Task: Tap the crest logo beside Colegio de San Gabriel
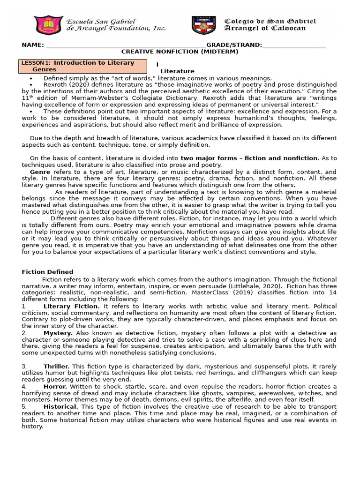coord(203,25)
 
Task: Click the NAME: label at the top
coord(33,45)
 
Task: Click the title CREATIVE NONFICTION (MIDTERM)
coord(180,52)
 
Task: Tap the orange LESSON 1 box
coord(82,66)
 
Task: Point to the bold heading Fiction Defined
coord(47,272)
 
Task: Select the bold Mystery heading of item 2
coord(59,333)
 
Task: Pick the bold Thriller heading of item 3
coord(57,366)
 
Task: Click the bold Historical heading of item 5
coord(61,406)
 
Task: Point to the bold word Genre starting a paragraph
coord(40,172)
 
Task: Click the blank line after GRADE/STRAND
coord(294,45)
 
